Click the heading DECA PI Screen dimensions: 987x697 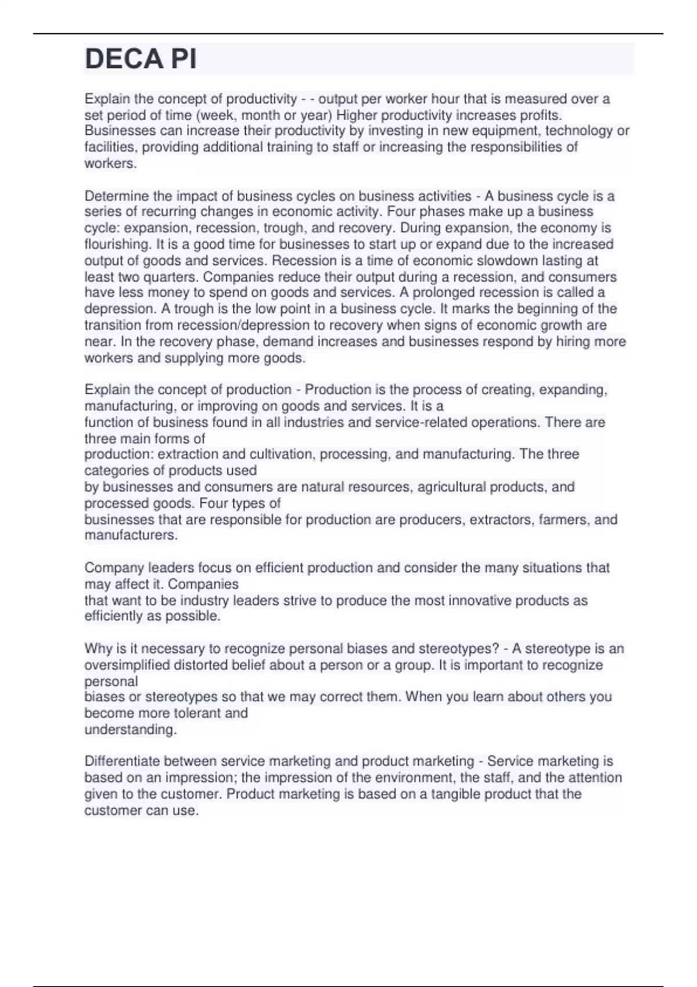141,59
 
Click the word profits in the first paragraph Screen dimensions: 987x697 541,115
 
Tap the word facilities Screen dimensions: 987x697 111,147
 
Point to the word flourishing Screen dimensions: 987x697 118,244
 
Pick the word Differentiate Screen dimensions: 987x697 122,761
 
